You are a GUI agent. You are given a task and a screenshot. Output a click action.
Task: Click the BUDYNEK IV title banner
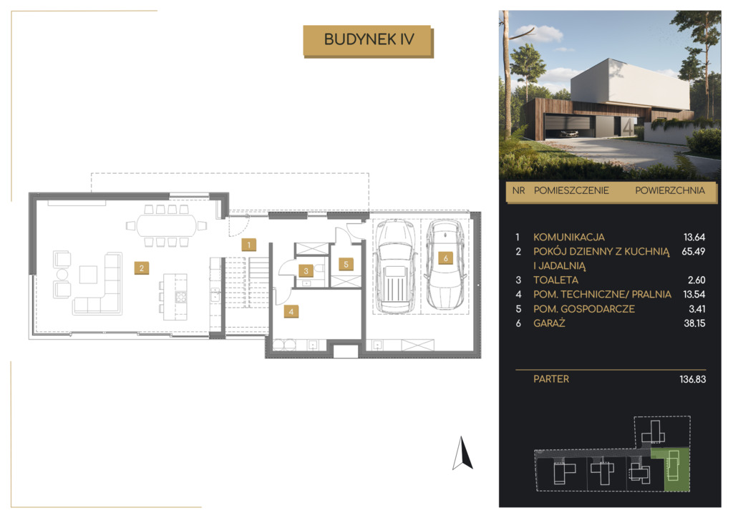pos(369,41)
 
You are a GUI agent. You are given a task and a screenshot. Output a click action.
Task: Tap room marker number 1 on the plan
pos(248,244)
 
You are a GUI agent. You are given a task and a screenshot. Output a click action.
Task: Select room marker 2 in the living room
pos(141,268)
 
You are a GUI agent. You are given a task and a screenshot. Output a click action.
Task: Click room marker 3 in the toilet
pos(306,270)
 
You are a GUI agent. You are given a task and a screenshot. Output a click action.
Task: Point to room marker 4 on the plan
pos(291,311)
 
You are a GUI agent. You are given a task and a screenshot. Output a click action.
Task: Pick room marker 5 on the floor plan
pos(346,265)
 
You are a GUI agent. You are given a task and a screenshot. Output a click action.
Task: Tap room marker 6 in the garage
pos(445,258)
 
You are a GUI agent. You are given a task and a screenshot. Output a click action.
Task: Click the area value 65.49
pos(693,251)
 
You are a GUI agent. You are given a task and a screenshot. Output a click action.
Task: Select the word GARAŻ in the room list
pos(549,323)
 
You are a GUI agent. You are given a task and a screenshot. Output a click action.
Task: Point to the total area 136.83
pos(693,379)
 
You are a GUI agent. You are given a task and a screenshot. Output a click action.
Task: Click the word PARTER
pos(551,378)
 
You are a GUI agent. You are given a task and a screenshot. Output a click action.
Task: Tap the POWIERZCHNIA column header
pos(670,190)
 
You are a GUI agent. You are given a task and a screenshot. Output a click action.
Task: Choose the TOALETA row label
pos(555,280)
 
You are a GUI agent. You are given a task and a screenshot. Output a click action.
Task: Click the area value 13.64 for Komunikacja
pos(694,237)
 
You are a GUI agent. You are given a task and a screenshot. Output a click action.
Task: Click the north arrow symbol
pos(462,453)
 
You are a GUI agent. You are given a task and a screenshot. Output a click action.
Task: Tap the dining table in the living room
pos(167,225)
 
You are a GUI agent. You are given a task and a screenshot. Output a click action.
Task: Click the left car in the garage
pos(395,266)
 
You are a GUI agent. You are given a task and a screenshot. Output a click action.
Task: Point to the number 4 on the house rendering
pos(628,127)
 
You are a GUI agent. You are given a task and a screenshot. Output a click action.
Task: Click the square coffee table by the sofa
pos(88,275)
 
